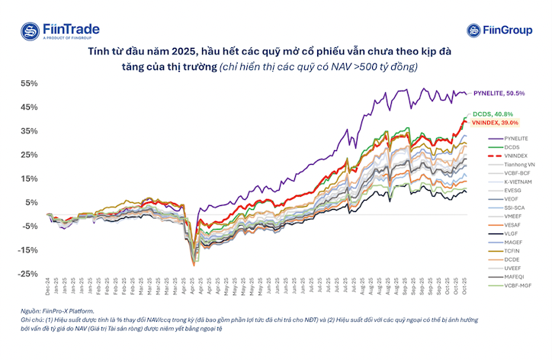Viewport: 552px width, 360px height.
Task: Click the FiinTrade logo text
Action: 73,27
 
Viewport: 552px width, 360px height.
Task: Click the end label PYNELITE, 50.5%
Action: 499,93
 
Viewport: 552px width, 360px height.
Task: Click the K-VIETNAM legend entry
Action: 518,183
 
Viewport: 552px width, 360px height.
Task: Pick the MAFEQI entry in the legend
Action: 515,277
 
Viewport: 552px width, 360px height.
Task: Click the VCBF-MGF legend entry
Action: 518,286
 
